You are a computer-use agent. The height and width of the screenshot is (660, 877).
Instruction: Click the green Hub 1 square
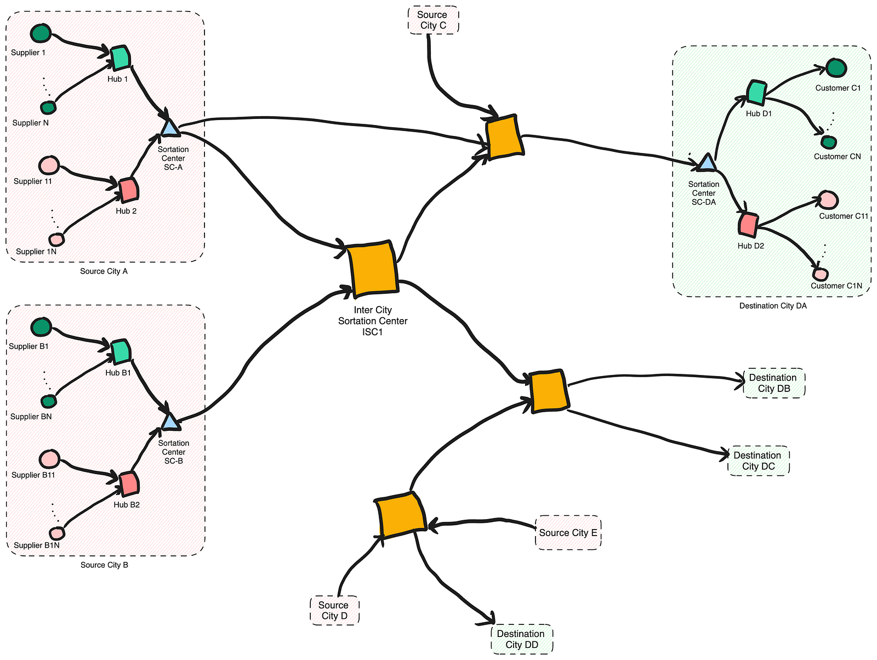coord(120,58)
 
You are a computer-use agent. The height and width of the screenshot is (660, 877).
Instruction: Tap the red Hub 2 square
coord(129,190)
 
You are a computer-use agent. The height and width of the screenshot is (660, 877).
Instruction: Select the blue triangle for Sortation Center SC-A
coord(170,128)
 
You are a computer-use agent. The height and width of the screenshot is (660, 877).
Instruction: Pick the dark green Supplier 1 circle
coord(41,33)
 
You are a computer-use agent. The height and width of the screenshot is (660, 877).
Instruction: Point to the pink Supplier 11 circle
coord(49,164)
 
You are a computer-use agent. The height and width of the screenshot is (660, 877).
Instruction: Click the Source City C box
coord(433,20)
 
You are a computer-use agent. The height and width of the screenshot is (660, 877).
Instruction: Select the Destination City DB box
coord(773,383)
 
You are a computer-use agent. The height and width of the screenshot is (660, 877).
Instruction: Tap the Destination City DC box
coord(759,461)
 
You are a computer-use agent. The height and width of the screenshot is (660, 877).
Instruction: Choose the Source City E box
coord(568,532)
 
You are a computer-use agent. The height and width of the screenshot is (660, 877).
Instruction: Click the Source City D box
coord(334,611)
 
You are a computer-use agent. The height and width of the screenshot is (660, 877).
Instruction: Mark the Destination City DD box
coord(521,639)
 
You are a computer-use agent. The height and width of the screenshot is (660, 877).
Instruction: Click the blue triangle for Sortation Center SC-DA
coord(707,162)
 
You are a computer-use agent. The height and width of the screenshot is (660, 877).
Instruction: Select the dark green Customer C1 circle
coord(836,68)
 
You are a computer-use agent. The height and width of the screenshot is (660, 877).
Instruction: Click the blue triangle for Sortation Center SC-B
coord(170,422)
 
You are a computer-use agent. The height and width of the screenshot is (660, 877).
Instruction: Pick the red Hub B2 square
coord(130,483)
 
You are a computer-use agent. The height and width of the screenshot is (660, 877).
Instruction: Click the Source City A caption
coord(104,271)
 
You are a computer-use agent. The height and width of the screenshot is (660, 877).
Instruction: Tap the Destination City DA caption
coord(773,306)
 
